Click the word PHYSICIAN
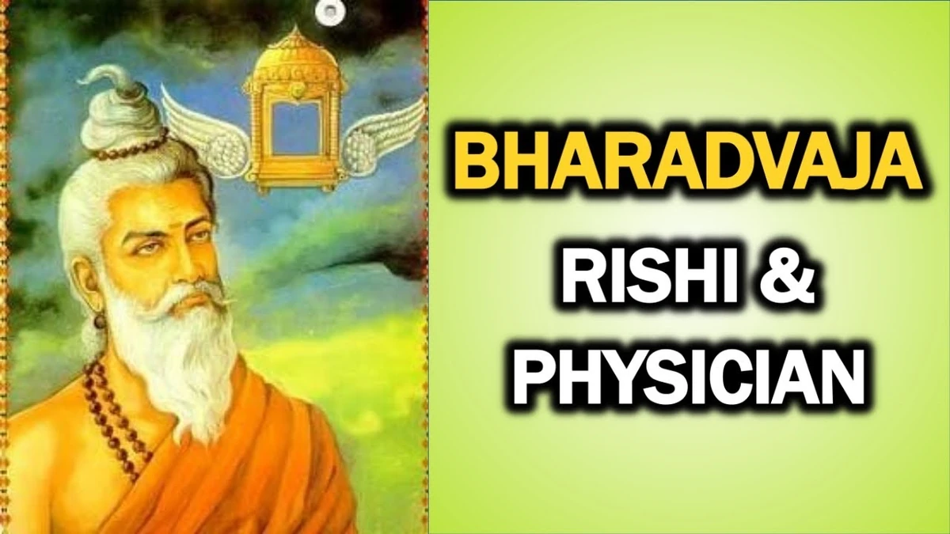tap(686, 381)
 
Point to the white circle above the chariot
tap(327, 10)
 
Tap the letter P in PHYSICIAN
tap(534, 381)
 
